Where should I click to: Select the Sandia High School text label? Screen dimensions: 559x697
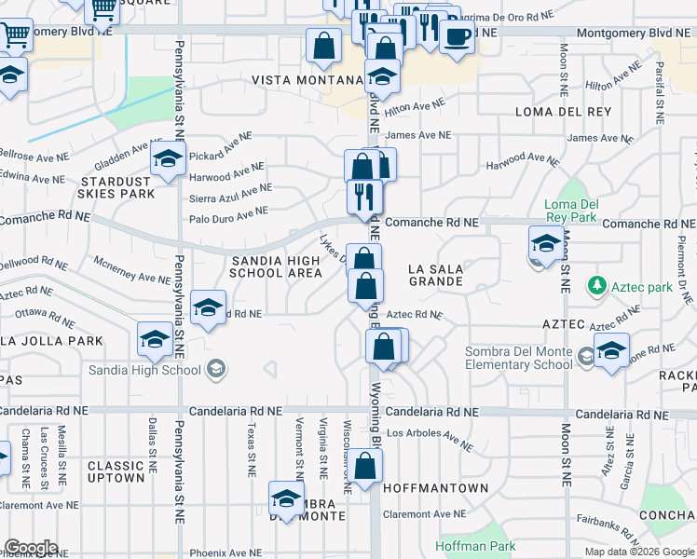click(144, 370)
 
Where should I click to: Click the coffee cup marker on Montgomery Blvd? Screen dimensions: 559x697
click(457, 37)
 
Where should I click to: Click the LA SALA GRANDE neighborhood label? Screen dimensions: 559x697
click(435, 275)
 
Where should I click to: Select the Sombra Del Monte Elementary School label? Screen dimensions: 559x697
click(519, 358)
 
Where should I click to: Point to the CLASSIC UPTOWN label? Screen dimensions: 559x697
click(116, 471)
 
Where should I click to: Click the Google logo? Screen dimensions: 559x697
click(31, 549)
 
